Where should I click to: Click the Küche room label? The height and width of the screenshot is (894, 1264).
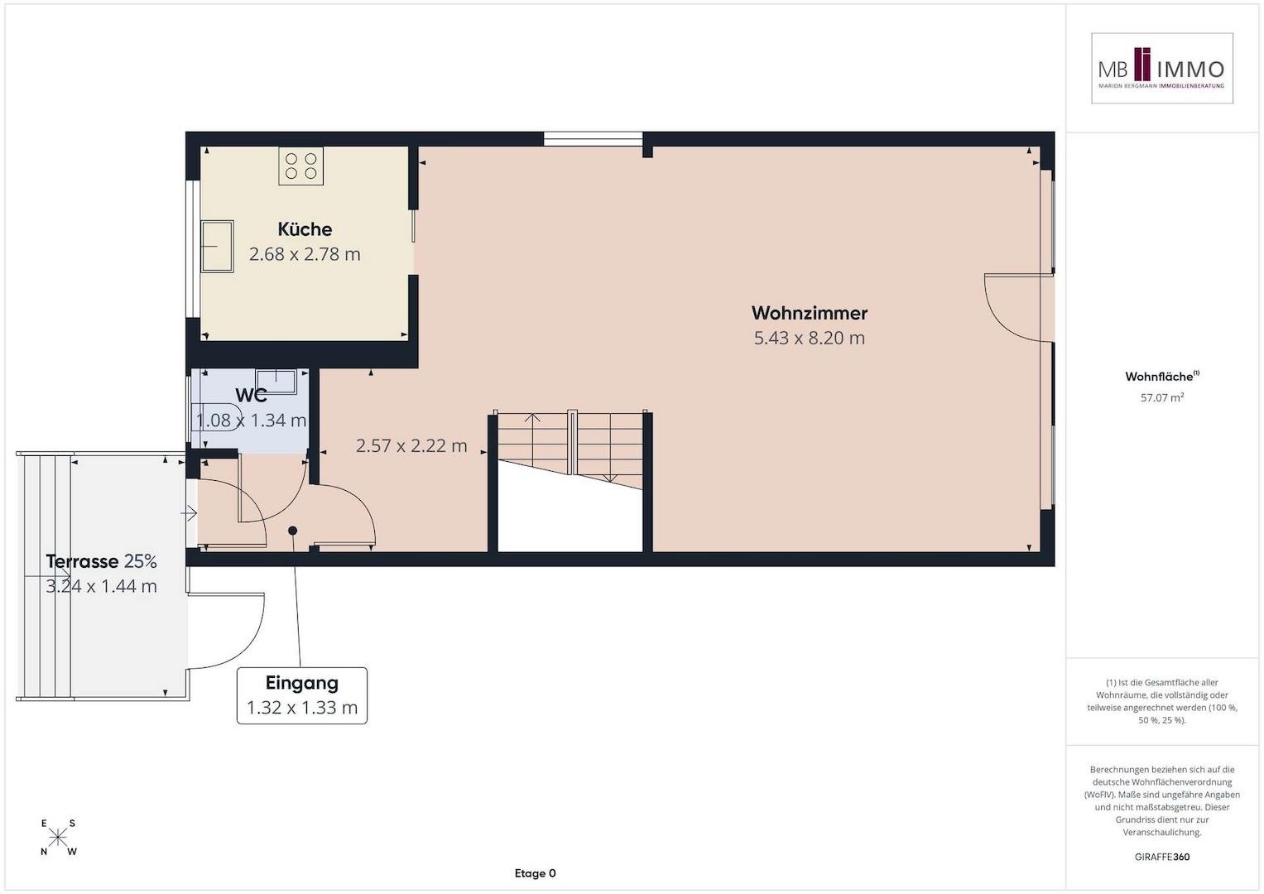[305, 229]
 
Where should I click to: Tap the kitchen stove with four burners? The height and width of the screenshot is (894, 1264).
[300, 166]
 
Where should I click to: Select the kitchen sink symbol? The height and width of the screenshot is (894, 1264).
[217, 246]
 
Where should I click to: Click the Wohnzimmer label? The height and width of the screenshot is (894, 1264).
[810, 313]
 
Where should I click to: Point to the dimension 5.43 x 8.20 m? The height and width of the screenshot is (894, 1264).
[810, 338]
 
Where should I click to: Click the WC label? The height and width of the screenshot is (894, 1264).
[251, 395]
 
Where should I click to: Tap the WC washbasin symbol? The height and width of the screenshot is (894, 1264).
[276, 381]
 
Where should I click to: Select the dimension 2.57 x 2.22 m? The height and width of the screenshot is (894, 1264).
[411, 446]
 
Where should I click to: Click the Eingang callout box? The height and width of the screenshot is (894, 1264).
[302, 695]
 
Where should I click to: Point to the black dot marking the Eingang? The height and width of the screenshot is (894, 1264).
[292, 531]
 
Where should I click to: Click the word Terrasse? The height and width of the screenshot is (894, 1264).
[82, 561]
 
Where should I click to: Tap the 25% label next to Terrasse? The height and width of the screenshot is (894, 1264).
[141, 561]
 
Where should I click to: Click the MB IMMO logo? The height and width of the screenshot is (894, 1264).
[1162, 68]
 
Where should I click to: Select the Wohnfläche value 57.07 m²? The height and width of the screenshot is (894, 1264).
[1162, 397]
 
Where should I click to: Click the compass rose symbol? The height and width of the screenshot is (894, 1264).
[58, 837]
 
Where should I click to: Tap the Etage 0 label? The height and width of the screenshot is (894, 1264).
[535, 873]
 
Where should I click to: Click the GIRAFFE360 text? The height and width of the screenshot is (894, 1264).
[1162, 857]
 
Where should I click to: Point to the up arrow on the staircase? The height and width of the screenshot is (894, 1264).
[532, 418]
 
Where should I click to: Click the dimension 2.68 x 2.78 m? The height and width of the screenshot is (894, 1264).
[305, 254]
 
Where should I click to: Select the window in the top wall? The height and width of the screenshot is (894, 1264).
[593, 139]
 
